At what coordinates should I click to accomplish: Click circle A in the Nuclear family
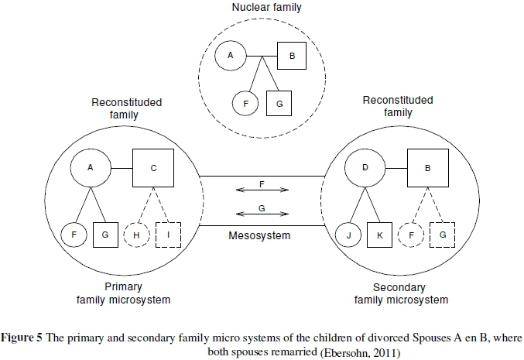point(231,55)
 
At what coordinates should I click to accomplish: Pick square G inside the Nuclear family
point(279,102)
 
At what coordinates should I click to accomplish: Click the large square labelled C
point(153,168)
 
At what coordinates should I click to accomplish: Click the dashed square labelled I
point(168,234)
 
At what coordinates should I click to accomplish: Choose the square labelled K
point(380,234)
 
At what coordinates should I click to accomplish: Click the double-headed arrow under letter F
point(262,189)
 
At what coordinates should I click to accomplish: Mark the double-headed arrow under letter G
point(262,214)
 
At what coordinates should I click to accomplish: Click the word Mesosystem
point(262,235)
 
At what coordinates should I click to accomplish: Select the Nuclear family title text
point(262,8)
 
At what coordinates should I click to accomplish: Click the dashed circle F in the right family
point(410,234)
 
